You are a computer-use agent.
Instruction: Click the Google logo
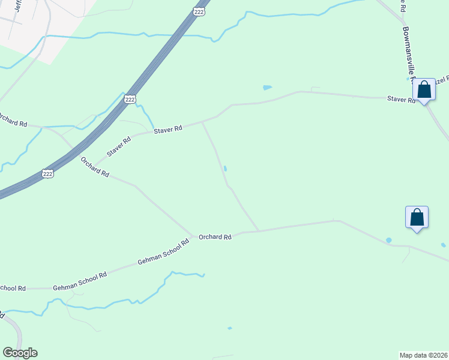[20, 353]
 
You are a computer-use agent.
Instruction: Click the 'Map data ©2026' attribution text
[423, 355]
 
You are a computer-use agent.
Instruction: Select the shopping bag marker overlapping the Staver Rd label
[424, 90]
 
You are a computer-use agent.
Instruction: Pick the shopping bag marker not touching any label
[417, 217]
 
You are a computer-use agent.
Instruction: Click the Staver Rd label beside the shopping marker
[401, 100]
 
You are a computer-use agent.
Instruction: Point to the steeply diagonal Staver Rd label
[119, 147]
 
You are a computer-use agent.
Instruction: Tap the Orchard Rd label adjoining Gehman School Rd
[215, 237]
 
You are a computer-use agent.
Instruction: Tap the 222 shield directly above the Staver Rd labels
[130, 99]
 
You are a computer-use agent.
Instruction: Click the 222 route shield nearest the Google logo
[48, 173]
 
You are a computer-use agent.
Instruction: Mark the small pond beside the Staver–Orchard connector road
[224, 169]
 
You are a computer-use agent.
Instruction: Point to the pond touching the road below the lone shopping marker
[388, 241]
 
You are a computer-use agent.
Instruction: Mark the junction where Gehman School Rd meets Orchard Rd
[193, 237]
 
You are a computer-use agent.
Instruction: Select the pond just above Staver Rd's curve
[267, 88]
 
